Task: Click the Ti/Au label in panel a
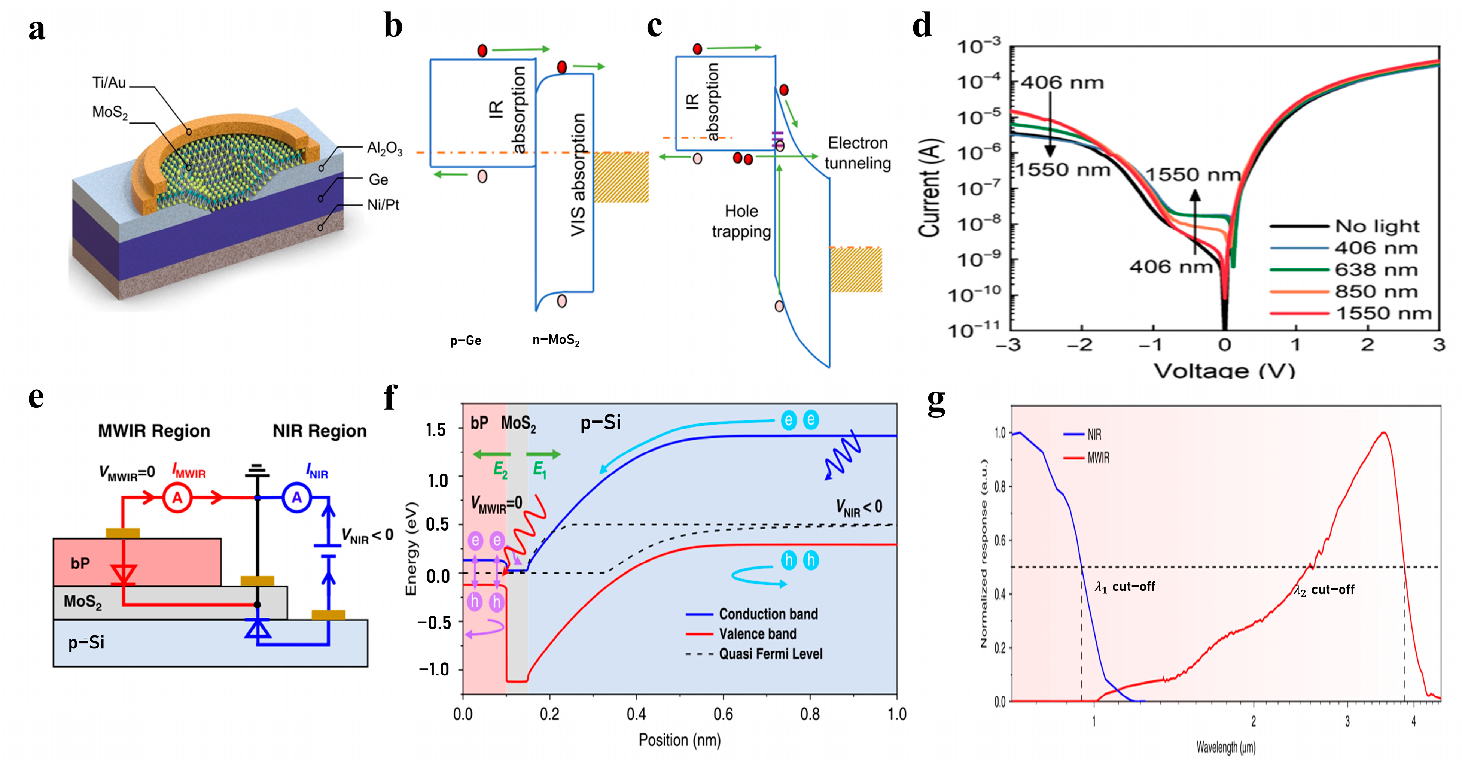pos(109,83)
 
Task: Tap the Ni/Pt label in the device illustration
pos(383,205)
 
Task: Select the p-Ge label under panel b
pos(465,341)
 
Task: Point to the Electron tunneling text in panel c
pos(858,153)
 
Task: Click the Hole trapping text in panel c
pos(741,221)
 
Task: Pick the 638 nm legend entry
pos(1376,270)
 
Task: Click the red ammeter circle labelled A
pos(178,498)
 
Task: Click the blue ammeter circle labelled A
pos(297,498)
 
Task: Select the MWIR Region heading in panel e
pos(154,431)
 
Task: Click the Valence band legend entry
pos(757,634)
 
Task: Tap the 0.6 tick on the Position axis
pos(723,714)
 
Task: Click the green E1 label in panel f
pos(540,470)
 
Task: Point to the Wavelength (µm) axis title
pos(1226,747)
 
